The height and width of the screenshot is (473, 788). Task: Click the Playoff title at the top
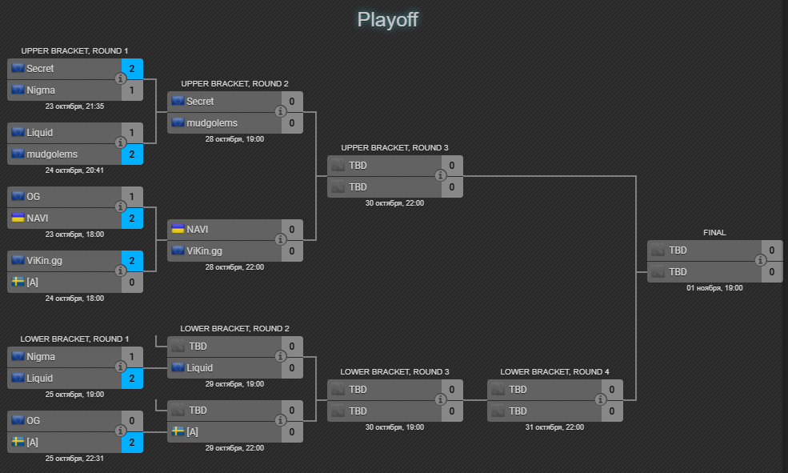[x=387, y=19]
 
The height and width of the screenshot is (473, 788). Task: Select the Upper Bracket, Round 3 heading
[x=394, y=147]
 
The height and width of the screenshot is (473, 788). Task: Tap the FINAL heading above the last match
[x=714, y=233]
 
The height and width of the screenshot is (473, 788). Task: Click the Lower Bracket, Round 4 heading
[x=554, y=371]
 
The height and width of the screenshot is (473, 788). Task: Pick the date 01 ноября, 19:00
[x=714, y=287]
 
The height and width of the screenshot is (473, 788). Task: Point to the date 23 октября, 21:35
[x=74, y=106]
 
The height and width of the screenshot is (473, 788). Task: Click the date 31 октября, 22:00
[x=554, y=427]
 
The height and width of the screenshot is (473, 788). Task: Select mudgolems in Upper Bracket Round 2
[x=211, y=123]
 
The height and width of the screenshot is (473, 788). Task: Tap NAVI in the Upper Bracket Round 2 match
[x=197, y=230]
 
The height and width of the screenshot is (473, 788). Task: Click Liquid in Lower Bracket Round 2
[x=199, y=368]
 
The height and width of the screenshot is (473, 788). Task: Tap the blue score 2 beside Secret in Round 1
[x=132, y=69]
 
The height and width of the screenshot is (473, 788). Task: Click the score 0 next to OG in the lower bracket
[x=132, y=421]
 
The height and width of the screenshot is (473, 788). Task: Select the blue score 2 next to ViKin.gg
[x=132, y=261]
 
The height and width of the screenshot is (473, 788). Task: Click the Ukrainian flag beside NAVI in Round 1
[x=18, y=218]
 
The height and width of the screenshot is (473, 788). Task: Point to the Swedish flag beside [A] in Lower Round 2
[x=178, y=431]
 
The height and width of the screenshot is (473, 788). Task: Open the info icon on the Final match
[x=760, y=260]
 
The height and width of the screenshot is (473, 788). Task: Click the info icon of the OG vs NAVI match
[x=120, y=206]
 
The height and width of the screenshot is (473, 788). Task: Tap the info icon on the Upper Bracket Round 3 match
[x=440, y=175]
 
